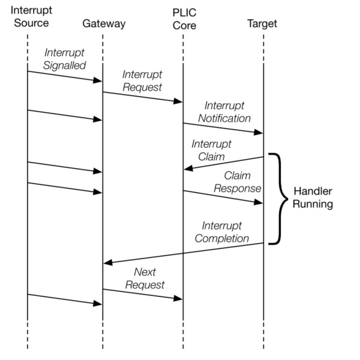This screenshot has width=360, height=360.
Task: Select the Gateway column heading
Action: (x=104, y=24)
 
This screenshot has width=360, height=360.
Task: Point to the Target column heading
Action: (x=262, y=24)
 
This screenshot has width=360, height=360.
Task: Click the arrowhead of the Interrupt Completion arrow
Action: (x=108, y=262)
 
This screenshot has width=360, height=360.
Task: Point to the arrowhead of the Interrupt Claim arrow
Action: (x=188, y=169)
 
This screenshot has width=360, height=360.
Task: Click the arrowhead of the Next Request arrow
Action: (x=179, y=298)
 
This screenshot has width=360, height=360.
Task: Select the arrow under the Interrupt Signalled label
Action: (x=65, y=76)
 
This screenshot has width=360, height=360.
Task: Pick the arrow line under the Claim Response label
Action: (x=223, y=197)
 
